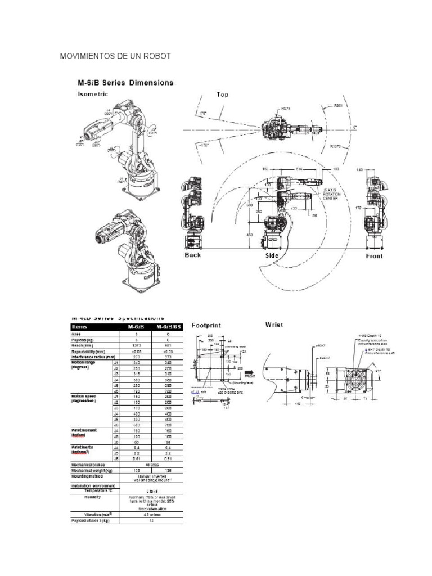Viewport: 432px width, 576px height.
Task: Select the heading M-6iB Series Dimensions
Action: click(x=125, y=83)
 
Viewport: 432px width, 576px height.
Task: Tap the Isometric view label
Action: click(x=93, y=94)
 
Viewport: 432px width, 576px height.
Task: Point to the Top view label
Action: click(x=223, y=95)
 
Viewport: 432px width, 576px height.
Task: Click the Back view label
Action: click(x=193, y=255)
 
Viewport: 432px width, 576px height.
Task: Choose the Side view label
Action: click(x=272, y=255)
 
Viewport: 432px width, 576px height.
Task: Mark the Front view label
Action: click(x=374, y=256)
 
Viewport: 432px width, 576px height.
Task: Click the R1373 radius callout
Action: click(x=336, y=146)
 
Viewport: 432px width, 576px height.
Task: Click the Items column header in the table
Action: click(x=80, y=326)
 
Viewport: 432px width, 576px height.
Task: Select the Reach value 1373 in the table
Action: click(x=135, y=346)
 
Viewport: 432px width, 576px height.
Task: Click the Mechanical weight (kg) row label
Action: click(x=92, y=470)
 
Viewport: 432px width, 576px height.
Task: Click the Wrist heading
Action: click(x=274, y=325)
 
